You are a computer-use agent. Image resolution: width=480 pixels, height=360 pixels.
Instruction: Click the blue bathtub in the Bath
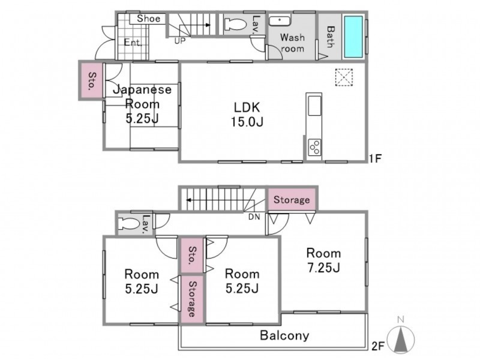pos(353,37)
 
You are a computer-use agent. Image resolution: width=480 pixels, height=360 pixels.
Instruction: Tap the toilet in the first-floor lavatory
pos(235,24)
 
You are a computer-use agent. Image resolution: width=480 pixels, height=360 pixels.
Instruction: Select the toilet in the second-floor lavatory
pos(129,223)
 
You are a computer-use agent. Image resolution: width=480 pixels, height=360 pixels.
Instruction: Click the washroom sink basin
pos(280,20)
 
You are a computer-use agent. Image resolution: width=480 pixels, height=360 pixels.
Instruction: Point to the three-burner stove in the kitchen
pos(314,147)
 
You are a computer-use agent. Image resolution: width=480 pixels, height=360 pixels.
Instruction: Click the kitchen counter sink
pos(314,106)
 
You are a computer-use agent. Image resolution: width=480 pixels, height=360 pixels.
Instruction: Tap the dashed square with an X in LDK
pos(344,77)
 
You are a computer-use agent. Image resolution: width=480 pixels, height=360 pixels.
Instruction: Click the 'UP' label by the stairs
pos(180,41)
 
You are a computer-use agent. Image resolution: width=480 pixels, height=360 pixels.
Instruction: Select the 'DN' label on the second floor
pos(254,217)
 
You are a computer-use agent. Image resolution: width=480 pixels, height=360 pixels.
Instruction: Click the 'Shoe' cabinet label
pos(148,19)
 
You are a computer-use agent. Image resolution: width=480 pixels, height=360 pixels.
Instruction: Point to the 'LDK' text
pos(247,107)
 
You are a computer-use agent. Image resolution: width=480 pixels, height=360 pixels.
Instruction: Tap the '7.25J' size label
pos(323,268)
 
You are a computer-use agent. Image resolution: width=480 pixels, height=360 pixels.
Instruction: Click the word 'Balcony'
pos(284,335)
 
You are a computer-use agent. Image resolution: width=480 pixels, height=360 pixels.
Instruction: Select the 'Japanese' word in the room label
pos(142,89)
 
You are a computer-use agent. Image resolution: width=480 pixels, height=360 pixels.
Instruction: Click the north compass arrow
pos(401,339)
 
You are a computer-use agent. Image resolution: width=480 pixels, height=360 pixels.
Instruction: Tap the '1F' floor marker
pos(376,158)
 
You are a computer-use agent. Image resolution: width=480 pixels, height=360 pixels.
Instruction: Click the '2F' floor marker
pos(378,346)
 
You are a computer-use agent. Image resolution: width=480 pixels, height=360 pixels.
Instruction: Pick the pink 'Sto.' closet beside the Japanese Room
pos(92,80)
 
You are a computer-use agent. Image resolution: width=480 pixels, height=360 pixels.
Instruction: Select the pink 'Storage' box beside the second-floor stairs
pos(292,200)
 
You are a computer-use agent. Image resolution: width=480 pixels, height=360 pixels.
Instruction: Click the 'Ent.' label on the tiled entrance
pos(133,42)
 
